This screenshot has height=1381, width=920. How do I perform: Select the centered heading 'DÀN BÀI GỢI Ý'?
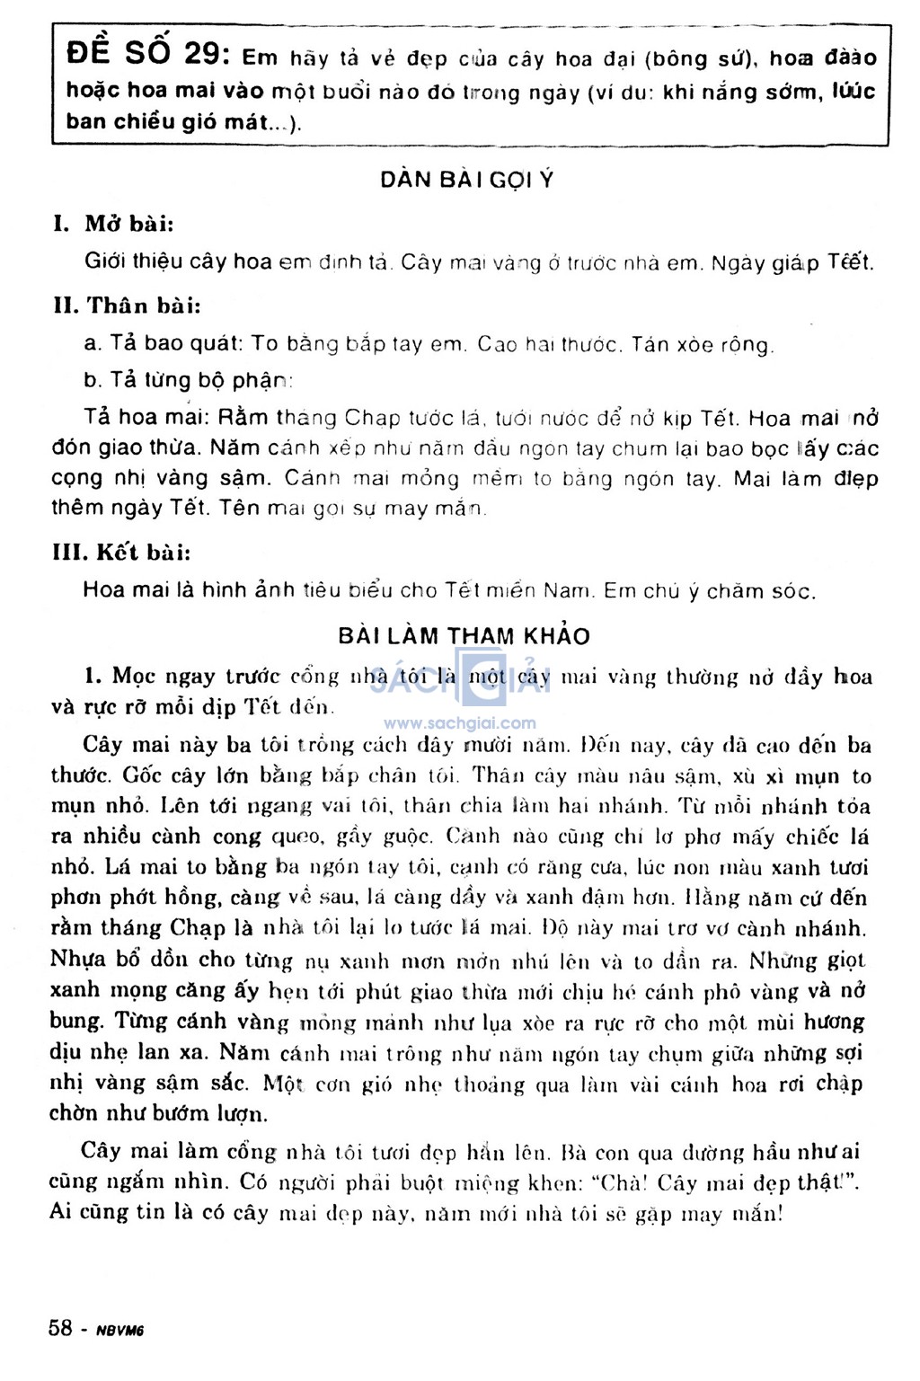pyautogui.click(x=466, y=180)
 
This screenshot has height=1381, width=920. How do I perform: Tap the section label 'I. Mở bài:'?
pyautogui.click(x=113, y=223)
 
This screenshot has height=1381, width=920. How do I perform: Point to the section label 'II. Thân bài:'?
pyautogui.click(x=127, y=305)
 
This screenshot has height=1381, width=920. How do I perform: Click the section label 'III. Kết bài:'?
pyautogui.click(x=121, y=552)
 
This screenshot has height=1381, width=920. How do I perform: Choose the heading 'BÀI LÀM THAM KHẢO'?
pyautogui.click(x=464, y=636)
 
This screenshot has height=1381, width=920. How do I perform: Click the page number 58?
pyautogui.click(x=61, y=1328)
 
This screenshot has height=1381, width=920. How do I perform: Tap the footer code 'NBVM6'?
pyautogui.click(x=120, y=1331)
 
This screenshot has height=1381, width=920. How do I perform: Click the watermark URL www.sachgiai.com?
pyautogui.click(x=459, y=723)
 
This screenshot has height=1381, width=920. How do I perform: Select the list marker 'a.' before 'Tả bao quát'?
pyautogui.click(x=93, y=343)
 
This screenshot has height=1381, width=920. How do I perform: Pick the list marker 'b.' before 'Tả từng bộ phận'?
pyautogui.click(x=93, y=380)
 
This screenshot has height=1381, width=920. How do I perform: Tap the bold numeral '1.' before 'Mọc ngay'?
pyautogui.click(x=94, y=676)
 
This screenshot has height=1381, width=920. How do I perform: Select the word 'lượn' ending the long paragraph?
pyautogui.click(x=242, y=1114)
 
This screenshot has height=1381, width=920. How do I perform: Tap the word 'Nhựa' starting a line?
pyautogui.click(x=78, y=959)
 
